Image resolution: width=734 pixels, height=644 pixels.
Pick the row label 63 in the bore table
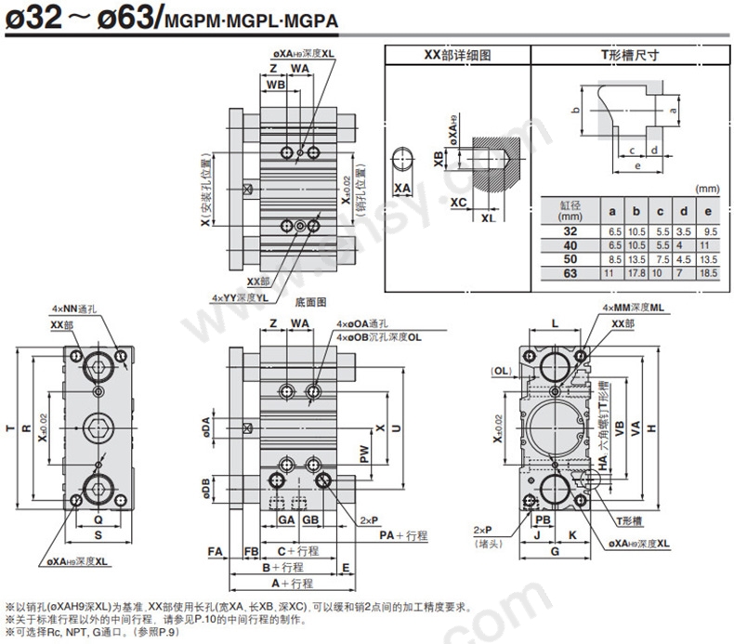[570, 273]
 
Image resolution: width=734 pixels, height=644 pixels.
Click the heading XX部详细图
[456, 55]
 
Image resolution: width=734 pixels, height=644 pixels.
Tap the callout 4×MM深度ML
[632, 308]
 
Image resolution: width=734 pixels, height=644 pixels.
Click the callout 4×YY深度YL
[240, 297]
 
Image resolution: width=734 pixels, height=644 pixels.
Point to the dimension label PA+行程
[402, 535]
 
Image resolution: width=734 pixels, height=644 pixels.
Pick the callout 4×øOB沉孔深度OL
[381, 337]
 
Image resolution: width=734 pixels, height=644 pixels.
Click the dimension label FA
[216, 551]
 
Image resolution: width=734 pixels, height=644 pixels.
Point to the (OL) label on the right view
[502, 371]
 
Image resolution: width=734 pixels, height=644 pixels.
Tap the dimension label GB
[310, 519]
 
